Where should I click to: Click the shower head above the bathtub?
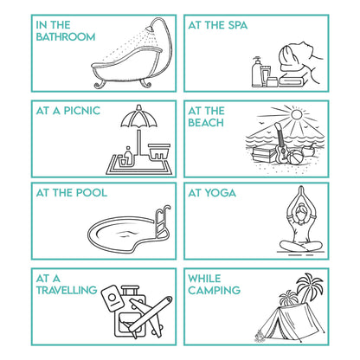tap(150, 29)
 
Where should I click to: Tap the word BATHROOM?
tap(66, 37)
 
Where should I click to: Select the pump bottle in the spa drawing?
tap(256, 72)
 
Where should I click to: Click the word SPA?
tap(238, 25)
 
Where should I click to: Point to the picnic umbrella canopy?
tap(139, 117)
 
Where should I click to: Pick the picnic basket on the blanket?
tap(159, 151)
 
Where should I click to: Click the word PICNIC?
tap(82, 111)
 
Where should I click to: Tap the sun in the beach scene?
tap(296, 115)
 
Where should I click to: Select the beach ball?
tap(295, 157)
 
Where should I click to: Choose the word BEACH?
tap(206, 123)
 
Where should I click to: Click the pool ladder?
tap(162, 222)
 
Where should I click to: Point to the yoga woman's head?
tap(301, 209)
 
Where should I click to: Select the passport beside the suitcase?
tap(112, 298)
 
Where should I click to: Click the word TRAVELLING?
tap(67, 290)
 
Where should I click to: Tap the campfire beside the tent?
tap(260, 336)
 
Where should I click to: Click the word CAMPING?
tap(215, 290)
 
